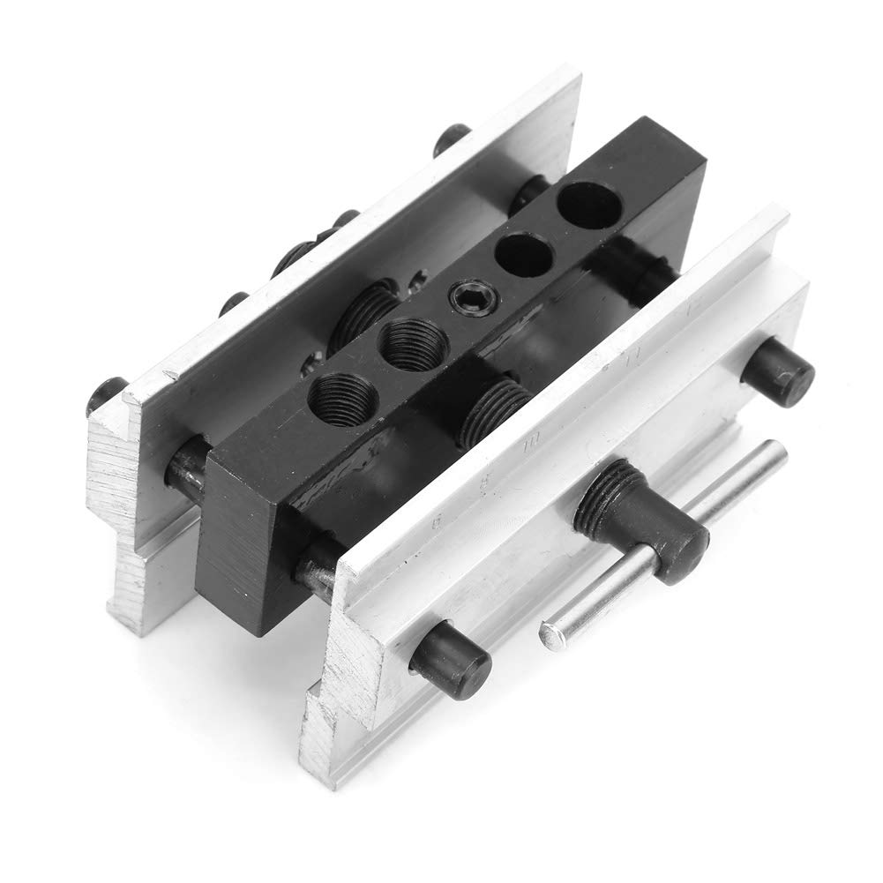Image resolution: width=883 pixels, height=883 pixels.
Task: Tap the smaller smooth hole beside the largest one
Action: (524, 254)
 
